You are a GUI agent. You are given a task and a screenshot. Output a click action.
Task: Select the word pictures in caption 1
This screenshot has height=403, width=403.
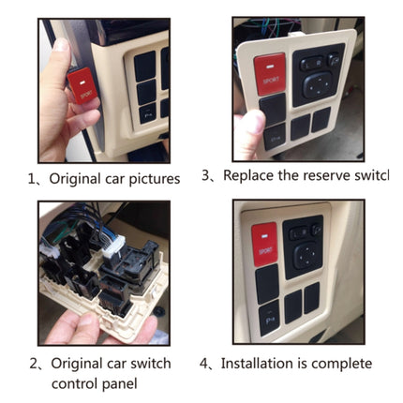[150, 178]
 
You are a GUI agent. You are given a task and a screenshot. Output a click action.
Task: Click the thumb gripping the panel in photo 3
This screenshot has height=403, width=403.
[250, 127]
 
